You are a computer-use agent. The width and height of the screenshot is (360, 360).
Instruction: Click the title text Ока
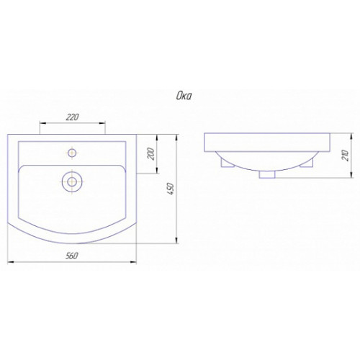(184, 96)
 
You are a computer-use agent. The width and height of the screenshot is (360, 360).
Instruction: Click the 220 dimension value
(72, 117)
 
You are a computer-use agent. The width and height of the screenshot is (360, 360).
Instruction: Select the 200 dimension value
(151, 154)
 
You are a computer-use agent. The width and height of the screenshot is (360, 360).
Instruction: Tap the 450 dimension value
(170, 189)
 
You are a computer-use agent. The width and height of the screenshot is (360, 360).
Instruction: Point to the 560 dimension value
(72, 256)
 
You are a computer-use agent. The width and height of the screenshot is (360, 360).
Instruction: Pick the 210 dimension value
(346, 156)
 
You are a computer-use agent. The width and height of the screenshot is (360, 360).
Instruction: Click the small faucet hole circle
(72, 153)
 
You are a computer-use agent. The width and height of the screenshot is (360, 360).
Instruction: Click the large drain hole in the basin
(72, 181)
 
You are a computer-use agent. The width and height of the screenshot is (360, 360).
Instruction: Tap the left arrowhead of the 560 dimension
(11, 262)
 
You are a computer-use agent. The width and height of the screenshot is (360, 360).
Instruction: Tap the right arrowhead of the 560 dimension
(133, 262)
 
